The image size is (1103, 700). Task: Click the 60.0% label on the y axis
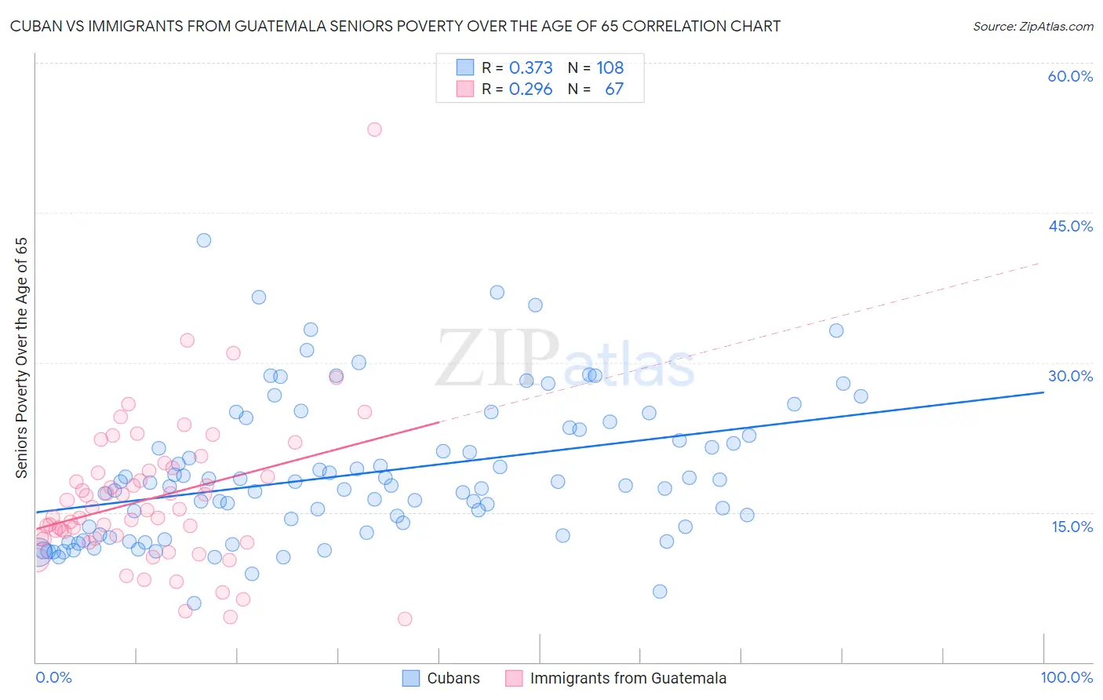coord(1070,76)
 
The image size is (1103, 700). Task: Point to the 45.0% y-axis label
coord(1070,226)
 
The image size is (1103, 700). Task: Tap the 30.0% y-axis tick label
coord(1070,376)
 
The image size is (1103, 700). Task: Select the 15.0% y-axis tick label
coord(1072,527)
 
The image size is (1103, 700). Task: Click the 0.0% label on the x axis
coord(53,677)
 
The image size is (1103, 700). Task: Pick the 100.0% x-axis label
coord(1066,677)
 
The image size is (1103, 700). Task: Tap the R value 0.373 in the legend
coord(530,68)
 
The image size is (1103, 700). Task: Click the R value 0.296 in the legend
coord(530,89)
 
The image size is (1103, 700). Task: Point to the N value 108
coord(610,68)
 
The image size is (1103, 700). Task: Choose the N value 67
coord(614,89)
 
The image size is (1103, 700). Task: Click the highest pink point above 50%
coord(374,129)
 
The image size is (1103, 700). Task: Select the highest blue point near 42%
coord(204,240)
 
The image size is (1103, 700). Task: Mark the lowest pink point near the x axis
coord(405,618)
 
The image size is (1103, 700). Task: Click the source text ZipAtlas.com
coord(1032,27)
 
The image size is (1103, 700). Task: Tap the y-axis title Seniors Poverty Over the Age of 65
coord(22,358)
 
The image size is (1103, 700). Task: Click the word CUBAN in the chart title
coord(33,27)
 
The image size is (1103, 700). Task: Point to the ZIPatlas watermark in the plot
coord(565,359)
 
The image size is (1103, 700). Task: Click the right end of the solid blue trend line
coord(1043,392)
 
